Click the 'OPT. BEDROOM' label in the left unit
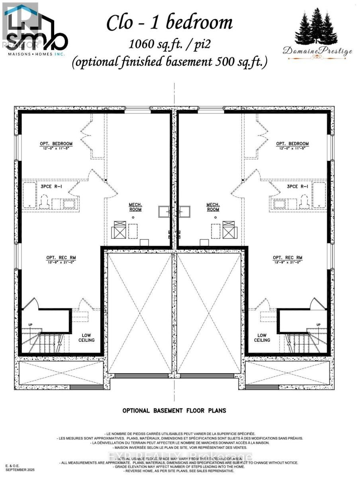[56, 144]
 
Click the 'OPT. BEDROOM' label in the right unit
[292, 144]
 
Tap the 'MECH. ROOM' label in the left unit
[135, 207]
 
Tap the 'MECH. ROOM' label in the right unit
[213, 207]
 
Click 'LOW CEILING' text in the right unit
[262, 337]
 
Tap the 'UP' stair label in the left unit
[30, 325]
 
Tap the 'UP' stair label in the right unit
[318, 325]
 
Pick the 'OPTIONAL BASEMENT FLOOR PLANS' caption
[174, 410]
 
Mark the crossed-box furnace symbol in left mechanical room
[118, 230]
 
